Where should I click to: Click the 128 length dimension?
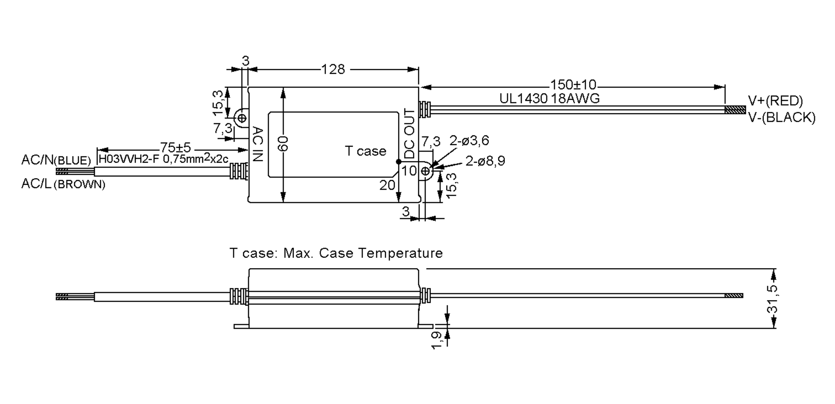pos(333,70)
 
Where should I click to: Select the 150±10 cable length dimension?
pos(573,84)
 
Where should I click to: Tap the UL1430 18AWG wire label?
pos(549,99)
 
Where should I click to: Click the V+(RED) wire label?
pos(775,101)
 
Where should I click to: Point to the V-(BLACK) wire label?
pos(781,118)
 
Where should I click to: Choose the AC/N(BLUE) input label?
pos(56,160)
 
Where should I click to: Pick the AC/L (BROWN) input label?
pos(63,184)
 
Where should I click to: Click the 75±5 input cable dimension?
pos(175,147)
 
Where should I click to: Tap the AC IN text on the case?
pos(257,144)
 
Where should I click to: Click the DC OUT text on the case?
pos(409,133)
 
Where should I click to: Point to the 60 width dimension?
pos(283,144)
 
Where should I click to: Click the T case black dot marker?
pos(399,162)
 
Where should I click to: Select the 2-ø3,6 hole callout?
pos(469,141)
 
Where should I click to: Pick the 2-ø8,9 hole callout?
pos(485,161)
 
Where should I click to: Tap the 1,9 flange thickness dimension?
pos(437,340)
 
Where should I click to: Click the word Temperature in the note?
pos(400,253)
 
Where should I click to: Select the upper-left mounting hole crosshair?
pos(242,118)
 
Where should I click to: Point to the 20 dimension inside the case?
pos(387,185)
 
